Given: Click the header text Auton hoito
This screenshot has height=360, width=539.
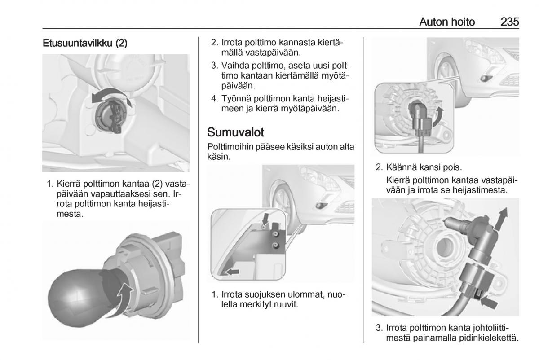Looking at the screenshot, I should [x=446, y=21].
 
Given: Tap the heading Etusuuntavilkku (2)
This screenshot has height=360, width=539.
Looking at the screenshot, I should [x=85, y=44].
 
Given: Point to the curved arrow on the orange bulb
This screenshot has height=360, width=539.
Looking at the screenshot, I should [x=126, y=296].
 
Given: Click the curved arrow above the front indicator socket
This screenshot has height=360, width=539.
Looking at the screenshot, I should [x=110, y=98].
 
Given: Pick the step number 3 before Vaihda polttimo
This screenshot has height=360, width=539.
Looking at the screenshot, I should [x=214, y=65].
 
